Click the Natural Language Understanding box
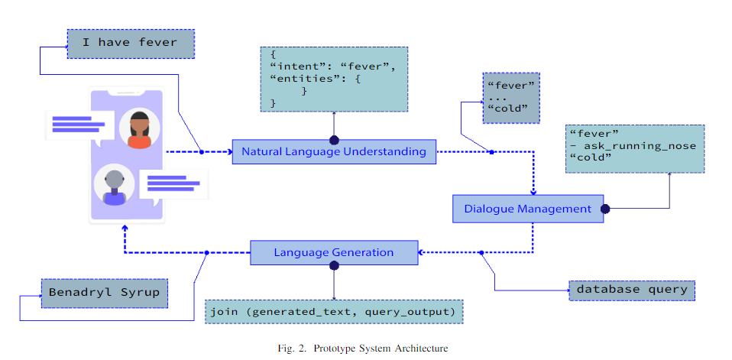tap(334, 152)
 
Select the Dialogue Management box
tap(528, 209)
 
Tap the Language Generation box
tap(334, 252)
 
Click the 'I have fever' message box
tap(131, 44)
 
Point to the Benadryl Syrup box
tap(104, 294)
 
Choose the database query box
tap(632, 290)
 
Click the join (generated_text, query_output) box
tap(333, 311)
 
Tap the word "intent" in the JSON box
tap(292, 66)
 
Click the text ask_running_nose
tap(639, 146)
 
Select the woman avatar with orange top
tap(140, 129)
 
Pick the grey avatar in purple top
tap(115, 186)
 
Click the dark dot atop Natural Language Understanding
tap(334, 140)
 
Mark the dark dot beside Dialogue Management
tap(605, 209)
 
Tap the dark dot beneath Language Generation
tap(334, 266)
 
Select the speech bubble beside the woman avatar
tap(80, 127)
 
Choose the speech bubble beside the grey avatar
tap(173, 186)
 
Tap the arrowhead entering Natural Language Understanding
tap(230, 152)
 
